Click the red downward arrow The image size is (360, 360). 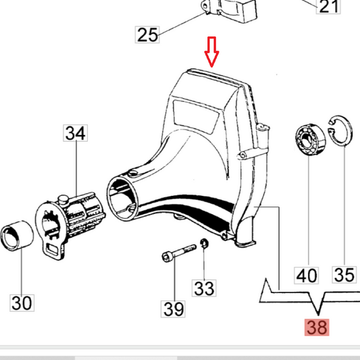(x=211, y=53)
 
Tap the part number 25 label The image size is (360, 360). (x=149, y=34)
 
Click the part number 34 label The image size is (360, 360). (x=76, y=133)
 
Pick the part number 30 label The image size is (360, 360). (x=22, y=302)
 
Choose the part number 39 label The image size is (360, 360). (x=173, y=309)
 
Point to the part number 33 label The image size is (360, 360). (x=204, y=288)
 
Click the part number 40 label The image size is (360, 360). (x=307, y=275)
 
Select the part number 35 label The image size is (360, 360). (x=344, y=275)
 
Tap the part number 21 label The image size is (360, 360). (x=329, y=7)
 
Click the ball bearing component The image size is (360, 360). (x=308, y=143)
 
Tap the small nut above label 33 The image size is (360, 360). (x=204, y=244)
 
